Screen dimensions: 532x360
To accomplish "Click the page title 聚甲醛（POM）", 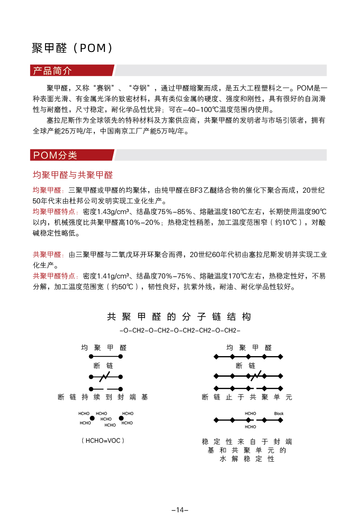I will [73, 48].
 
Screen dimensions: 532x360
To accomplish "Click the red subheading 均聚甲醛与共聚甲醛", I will [73, 175].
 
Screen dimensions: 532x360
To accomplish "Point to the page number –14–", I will [180, 510].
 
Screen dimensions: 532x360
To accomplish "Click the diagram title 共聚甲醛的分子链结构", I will [179, 317].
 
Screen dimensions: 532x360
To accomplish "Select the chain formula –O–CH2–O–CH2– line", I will [180, 331].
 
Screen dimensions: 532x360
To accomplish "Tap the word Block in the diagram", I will [279, 414].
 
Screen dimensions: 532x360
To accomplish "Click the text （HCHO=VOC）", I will [103, 440].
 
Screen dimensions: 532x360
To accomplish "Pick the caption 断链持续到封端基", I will [103, 397].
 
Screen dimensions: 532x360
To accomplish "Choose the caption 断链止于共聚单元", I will [247, 397].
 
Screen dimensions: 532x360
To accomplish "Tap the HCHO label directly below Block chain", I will [251, 427].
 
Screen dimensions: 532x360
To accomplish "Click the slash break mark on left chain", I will [105, 377].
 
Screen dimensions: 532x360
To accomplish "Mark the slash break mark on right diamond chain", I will [254, 376].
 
